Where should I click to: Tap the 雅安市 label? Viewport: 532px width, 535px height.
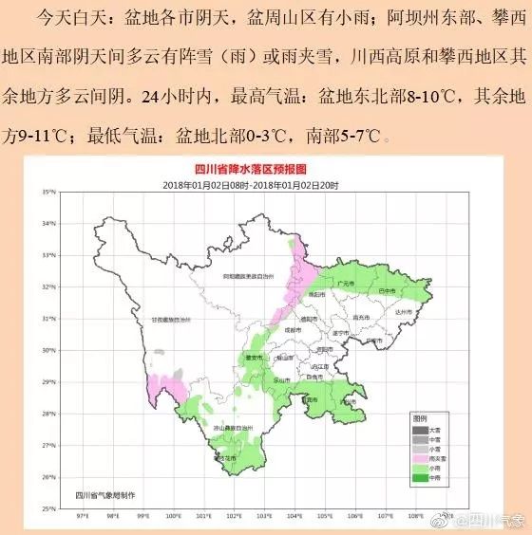coord(253,358)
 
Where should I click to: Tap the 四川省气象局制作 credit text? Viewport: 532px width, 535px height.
coord(100,494)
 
